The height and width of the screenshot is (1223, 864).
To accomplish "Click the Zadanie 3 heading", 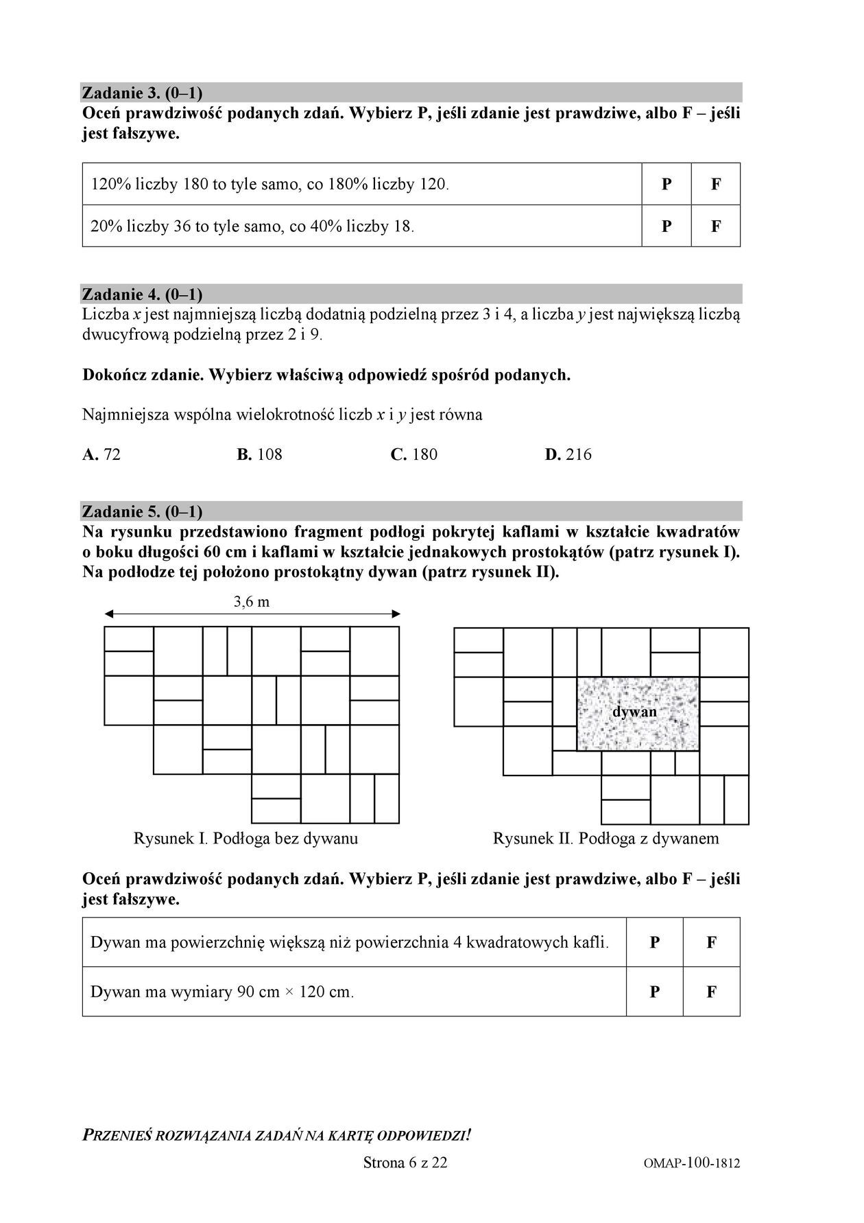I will click(142, 93).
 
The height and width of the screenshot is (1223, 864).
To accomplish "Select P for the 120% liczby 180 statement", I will click(667, 184).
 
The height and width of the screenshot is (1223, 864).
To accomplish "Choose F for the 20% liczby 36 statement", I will click(716, 226).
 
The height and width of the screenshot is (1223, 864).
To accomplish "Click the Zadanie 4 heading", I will click(142, 294).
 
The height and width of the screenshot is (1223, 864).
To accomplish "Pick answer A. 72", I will click(101, 454).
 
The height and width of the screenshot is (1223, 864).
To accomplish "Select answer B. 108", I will click(260, 454).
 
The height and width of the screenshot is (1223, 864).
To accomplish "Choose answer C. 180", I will click(414, 454).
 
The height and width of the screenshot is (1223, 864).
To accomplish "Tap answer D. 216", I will click(568, 454).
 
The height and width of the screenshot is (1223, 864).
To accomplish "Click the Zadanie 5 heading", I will click(142, 511).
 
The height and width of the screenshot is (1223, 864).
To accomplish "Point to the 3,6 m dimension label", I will click(252, 602).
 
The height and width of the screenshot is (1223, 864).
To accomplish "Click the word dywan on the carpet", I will click(634, 712).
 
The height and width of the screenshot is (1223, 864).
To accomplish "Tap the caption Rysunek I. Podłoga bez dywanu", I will click(245, 838).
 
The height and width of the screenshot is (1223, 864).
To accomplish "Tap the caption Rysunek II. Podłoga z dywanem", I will click(606, 838).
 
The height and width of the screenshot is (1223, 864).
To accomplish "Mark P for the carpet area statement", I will click(655, 942).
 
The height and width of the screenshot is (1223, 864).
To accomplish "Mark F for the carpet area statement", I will click(711, 942).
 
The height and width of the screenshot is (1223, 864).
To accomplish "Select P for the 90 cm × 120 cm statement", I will click(655, 992).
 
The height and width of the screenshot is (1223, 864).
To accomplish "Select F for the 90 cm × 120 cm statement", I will click(711, 992).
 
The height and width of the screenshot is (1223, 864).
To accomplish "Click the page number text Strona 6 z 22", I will click(405, 1163).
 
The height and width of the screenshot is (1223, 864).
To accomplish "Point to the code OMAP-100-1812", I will click(692, 1163).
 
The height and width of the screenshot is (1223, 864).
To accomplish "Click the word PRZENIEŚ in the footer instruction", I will click(117, 1135).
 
